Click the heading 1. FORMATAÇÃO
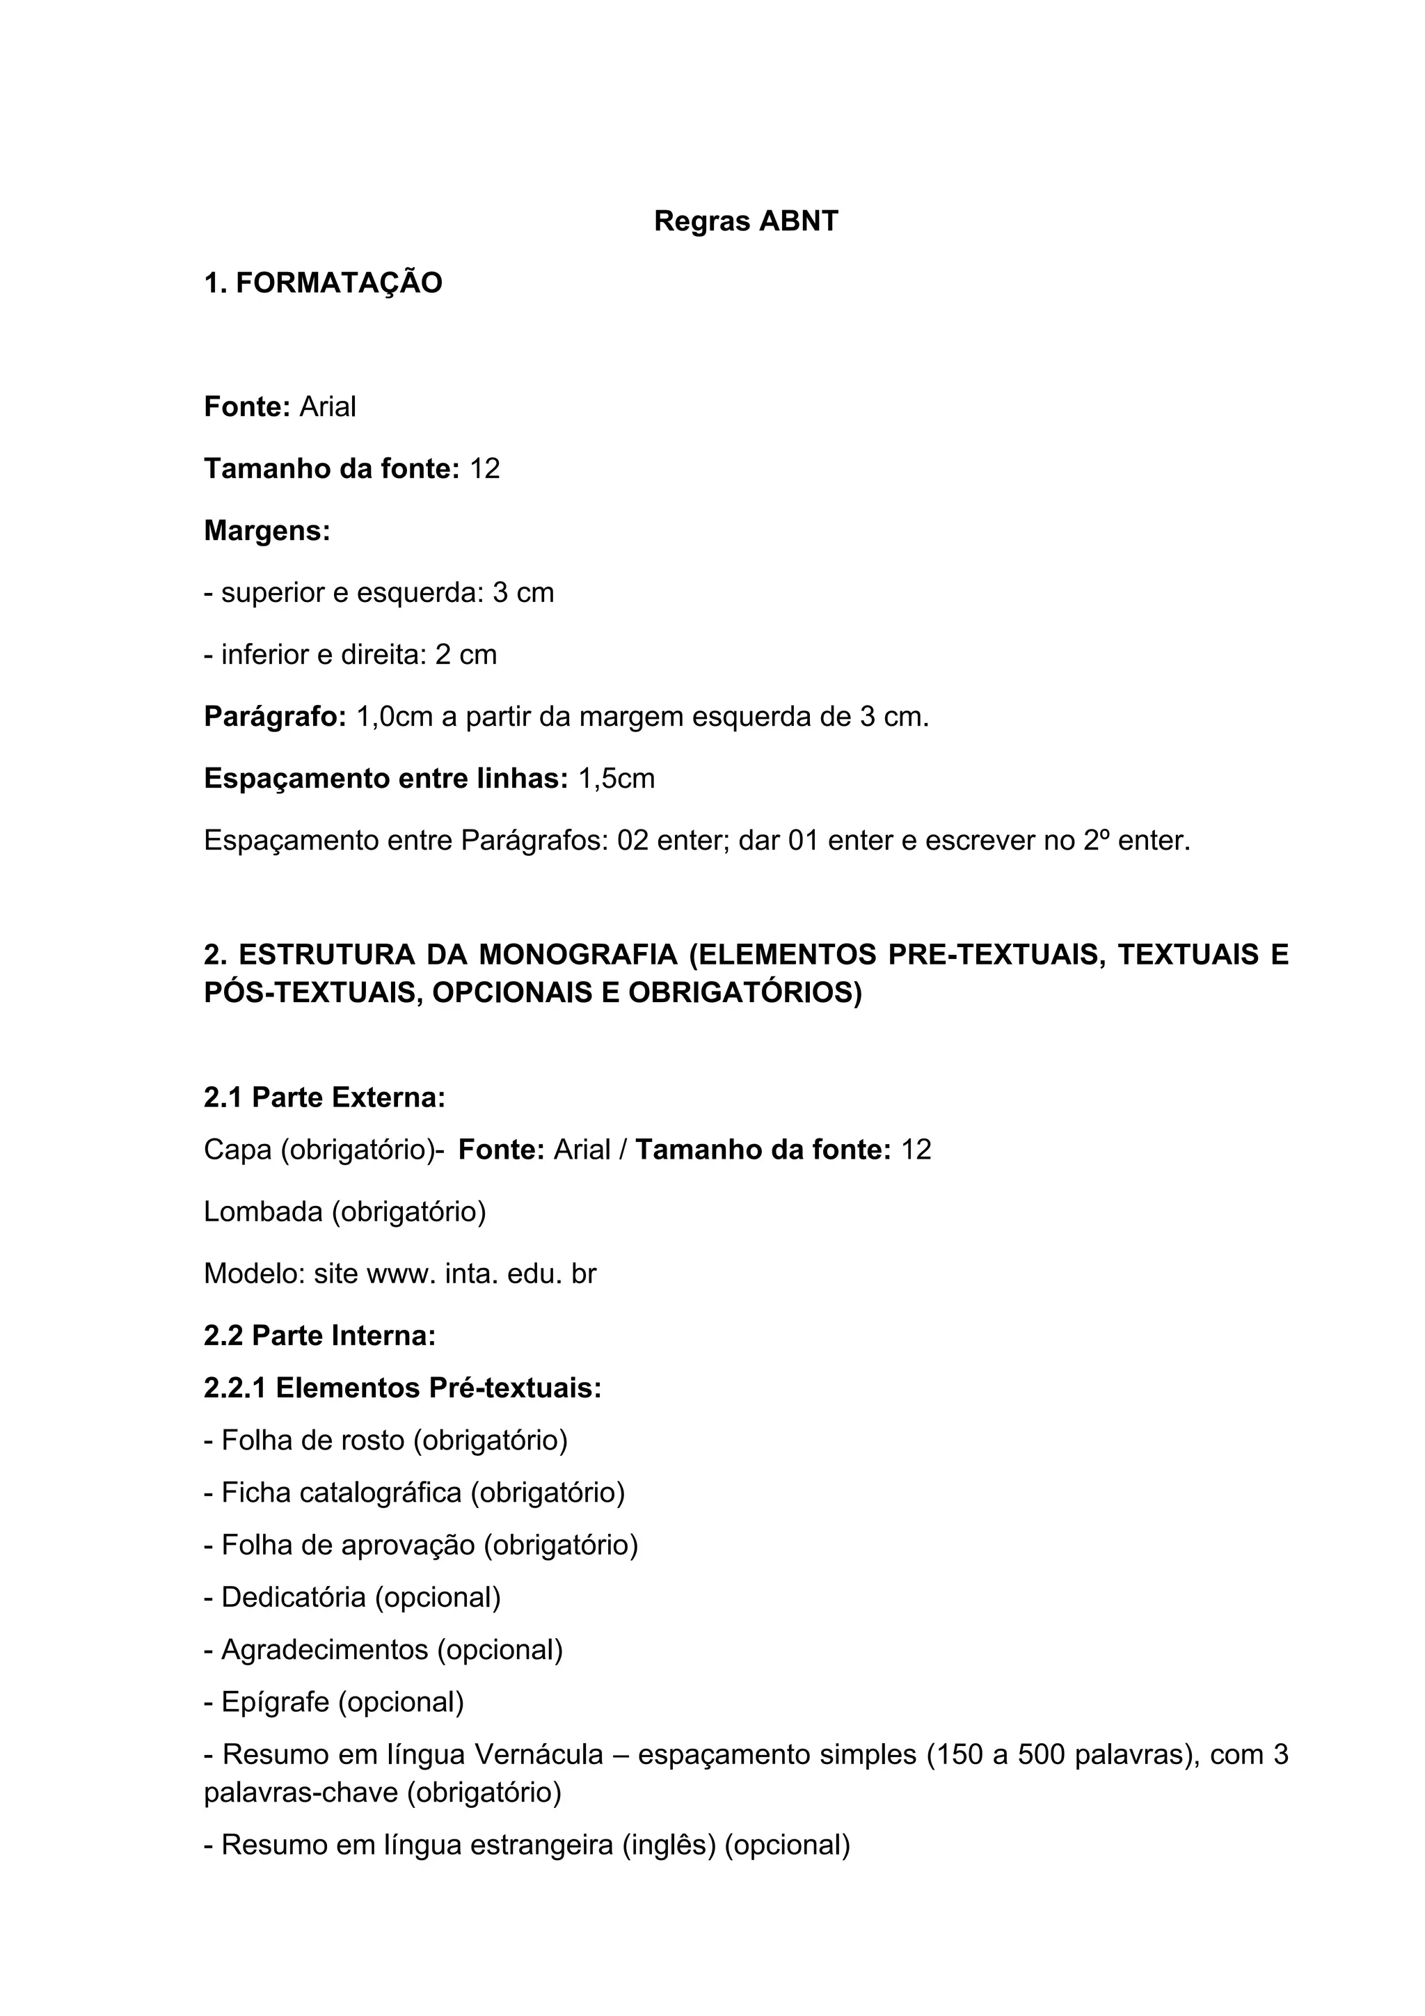click(x=323, y=284)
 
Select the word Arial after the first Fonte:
click(x=328, y=407)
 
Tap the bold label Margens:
click(x=267, y=531)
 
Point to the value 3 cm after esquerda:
click(x=523, y=594)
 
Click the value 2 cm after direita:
click(x=466, y=655)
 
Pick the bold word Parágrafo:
click(x=276, y=717)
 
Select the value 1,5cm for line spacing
click(x=616, y=779)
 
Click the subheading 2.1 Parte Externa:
click(x=325, y=1097)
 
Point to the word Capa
click(x=238, y=1150)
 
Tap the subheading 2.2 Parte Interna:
click(x=319, y=1335)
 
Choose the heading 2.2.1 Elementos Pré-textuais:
click(x=402, y=1388)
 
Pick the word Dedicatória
click(x=294, y=1597)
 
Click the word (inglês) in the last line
click(x=669, y=1845)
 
